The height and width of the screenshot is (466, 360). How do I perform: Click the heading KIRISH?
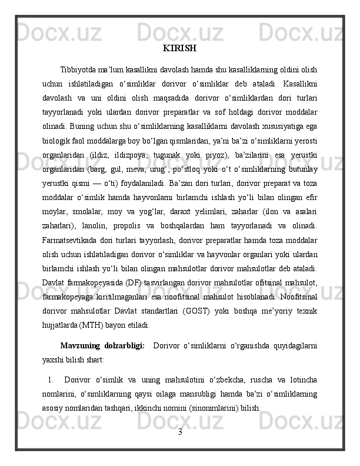coord(180,48)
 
